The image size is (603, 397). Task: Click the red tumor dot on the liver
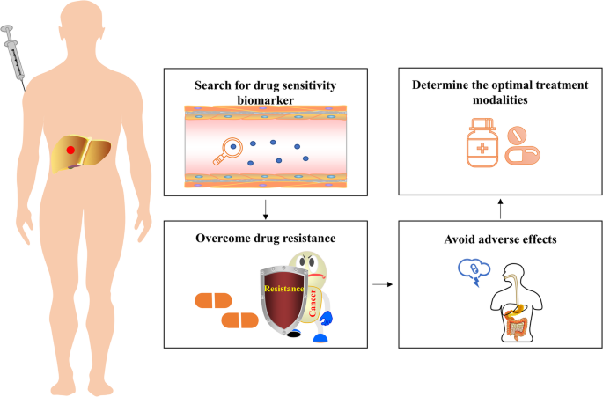coord(72,151)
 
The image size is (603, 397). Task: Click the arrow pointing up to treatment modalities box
coord(502,210)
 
